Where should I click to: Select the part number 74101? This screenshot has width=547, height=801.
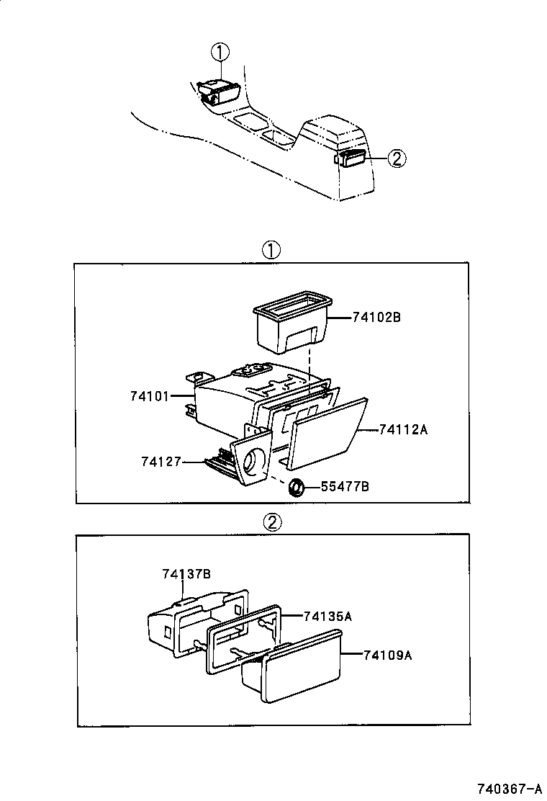(149, 395)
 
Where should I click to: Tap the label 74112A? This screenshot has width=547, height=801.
(404, 430)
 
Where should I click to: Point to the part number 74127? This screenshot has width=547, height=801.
(161, 461)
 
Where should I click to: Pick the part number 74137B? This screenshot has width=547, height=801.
(186, 573)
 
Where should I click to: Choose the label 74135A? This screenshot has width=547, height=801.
(327, 616)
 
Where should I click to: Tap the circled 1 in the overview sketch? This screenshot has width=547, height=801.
(220, 52)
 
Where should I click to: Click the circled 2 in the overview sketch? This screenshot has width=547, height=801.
(397, 158)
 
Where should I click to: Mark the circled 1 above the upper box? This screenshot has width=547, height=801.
(271, 250)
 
